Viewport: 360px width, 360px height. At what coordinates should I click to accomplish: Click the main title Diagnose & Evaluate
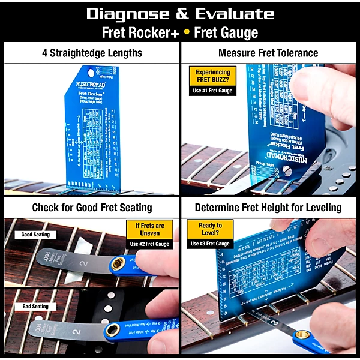pos(180,13)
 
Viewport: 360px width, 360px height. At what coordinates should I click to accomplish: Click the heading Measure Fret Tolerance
pos(268,53)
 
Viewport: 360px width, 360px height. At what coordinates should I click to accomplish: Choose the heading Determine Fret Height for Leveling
pos(268,208)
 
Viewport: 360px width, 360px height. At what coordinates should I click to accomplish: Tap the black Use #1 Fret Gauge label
pos(212,91)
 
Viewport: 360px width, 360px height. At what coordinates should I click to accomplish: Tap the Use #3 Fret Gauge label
pos(210,244)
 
